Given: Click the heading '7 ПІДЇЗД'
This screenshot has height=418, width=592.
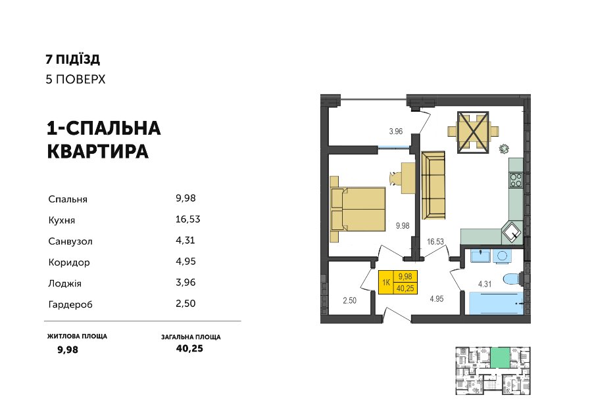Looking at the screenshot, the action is pos(73,59).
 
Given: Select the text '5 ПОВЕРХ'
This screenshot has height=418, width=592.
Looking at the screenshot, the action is pos(76,80).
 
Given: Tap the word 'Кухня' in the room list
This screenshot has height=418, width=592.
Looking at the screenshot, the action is pos(62,220).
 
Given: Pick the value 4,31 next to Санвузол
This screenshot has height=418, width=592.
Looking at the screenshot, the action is pos(185,241).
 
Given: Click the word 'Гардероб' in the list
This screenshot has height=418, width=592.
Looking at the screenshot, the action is pos(70,304).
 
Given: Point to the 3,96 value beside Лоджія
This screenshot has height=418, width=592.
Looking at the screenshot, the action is pos(185,283).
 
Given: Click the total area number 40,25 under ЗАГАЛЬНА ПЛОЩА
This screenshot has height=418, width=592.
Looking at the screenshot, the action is pos(189,348).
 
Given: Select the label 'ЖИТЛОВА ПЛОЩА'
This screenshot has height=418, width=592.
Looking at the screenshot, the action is pos(77,336).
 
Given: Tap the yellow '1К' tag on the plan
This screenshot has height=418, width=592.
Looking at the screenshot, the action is pos(386,282).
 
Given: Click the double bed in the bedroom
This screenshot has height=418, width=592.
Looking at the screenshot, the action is pos(358,209).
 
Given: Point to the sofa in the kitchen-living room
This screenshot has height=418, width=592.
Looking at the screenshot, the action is pos(433,185).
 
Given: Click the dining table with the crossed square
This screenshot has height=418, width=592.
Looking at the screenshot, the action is pos(473,132).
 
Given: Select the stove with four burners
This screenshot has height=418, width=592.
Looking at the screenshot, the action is pos(516,180).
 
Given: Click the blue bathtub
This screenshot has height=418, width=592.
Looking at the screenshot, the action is pos(496,303).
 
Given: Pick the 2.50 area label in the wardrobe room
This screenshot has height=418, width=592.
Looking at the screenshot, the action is pos(349,300).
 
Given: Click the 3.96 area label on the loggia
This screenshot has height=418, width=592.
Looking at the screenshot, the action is pos(396,131).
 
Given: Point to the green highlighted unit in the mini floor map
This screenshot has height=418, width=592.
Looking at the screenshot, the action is pos(501,358).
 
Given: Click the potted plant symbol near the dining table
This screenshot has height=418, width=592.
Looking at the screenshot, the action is pos(504,149).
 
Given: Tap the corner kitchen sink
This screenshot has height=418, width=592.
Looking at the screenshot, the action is pos(512,232).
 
